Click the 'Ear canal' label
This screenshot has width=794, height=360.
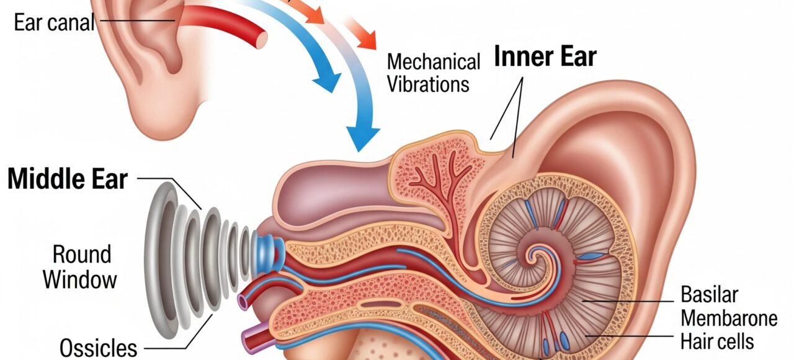click(54, 22)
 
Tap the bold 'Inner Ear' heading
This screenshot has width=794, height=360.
click(545, 56)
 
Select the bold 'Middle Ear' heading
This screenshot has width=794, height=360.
click(68, 179)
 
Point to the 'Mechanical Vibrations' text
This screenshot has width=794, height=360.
click(433, 73)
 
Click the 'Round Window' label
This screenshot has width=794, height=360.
click(80, 267)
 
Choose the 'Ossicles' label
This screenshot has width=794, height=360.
click(98, 348)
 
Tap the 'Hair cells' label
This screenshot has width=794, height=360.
click(717, 341)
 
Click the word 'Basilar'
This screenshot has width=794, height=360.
click(709, 294)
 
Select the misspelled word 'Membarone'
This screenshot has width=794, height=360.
click(729, 318)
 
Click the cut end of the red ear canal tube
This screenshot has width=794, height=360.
click(262, 40)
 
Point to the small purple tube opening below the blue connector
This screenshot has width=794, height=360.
click(243, 302)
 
